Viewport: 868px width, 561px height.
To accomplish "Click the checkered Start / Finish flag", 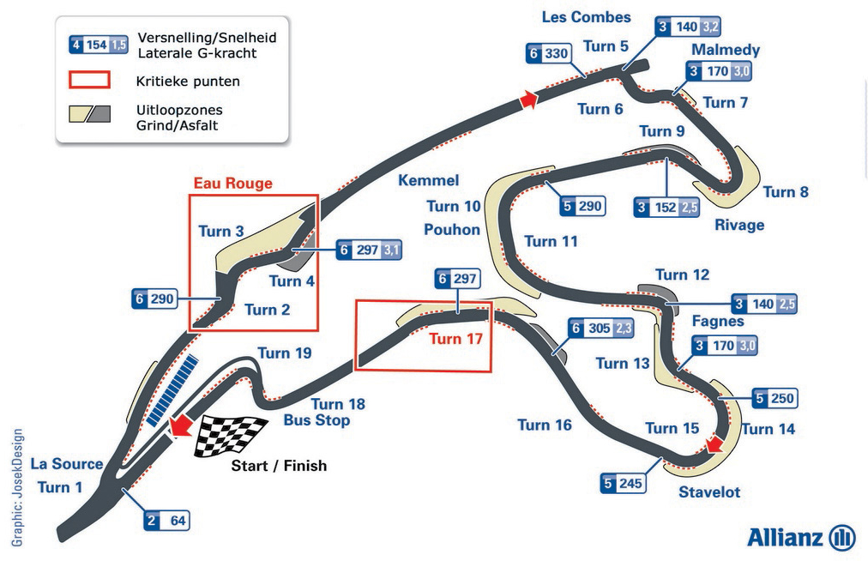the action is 230,435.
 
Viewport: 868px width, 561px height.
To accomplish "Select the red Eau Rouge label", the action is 233,184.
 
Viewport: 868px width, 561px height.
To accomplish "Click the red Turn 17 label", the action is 455,338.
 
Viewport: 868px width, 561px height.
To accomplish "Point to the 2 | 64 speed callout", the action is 167,521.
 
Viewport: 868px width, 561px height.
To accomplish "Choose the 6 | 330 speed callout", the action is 549,53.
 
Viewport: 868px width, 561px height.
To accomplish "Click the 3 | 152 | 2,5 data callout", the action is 666,207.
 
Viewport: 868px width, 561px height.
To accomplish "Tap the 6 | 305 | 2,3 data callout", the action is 601,329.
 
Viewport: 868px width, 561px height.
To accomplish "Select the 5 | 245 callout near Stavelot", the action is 624,484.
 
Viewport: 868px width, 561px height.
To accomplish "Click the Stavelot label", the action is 709,492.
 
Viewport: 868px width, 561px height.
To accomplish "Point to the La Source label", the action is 66,463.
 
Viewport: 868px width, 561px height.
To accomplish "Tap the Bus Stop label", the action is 316,419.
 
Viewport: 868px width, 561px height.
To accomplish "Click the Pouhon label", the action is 452,229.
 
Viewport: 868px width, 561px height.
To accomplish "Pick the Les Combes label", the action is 586,17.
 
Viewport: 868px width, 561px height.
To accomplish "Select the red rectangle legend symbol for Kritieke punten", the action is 89,80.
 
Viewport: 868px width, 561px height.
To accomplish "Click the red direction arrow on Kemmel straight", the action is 528,100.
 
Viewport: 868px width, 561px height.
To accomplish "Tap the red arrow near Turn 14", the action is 714,443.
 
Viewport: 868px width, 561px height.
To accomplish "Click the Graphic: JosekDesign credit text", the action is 18,487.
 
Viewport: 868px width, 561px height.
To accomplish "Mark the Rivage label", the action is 739,225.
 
